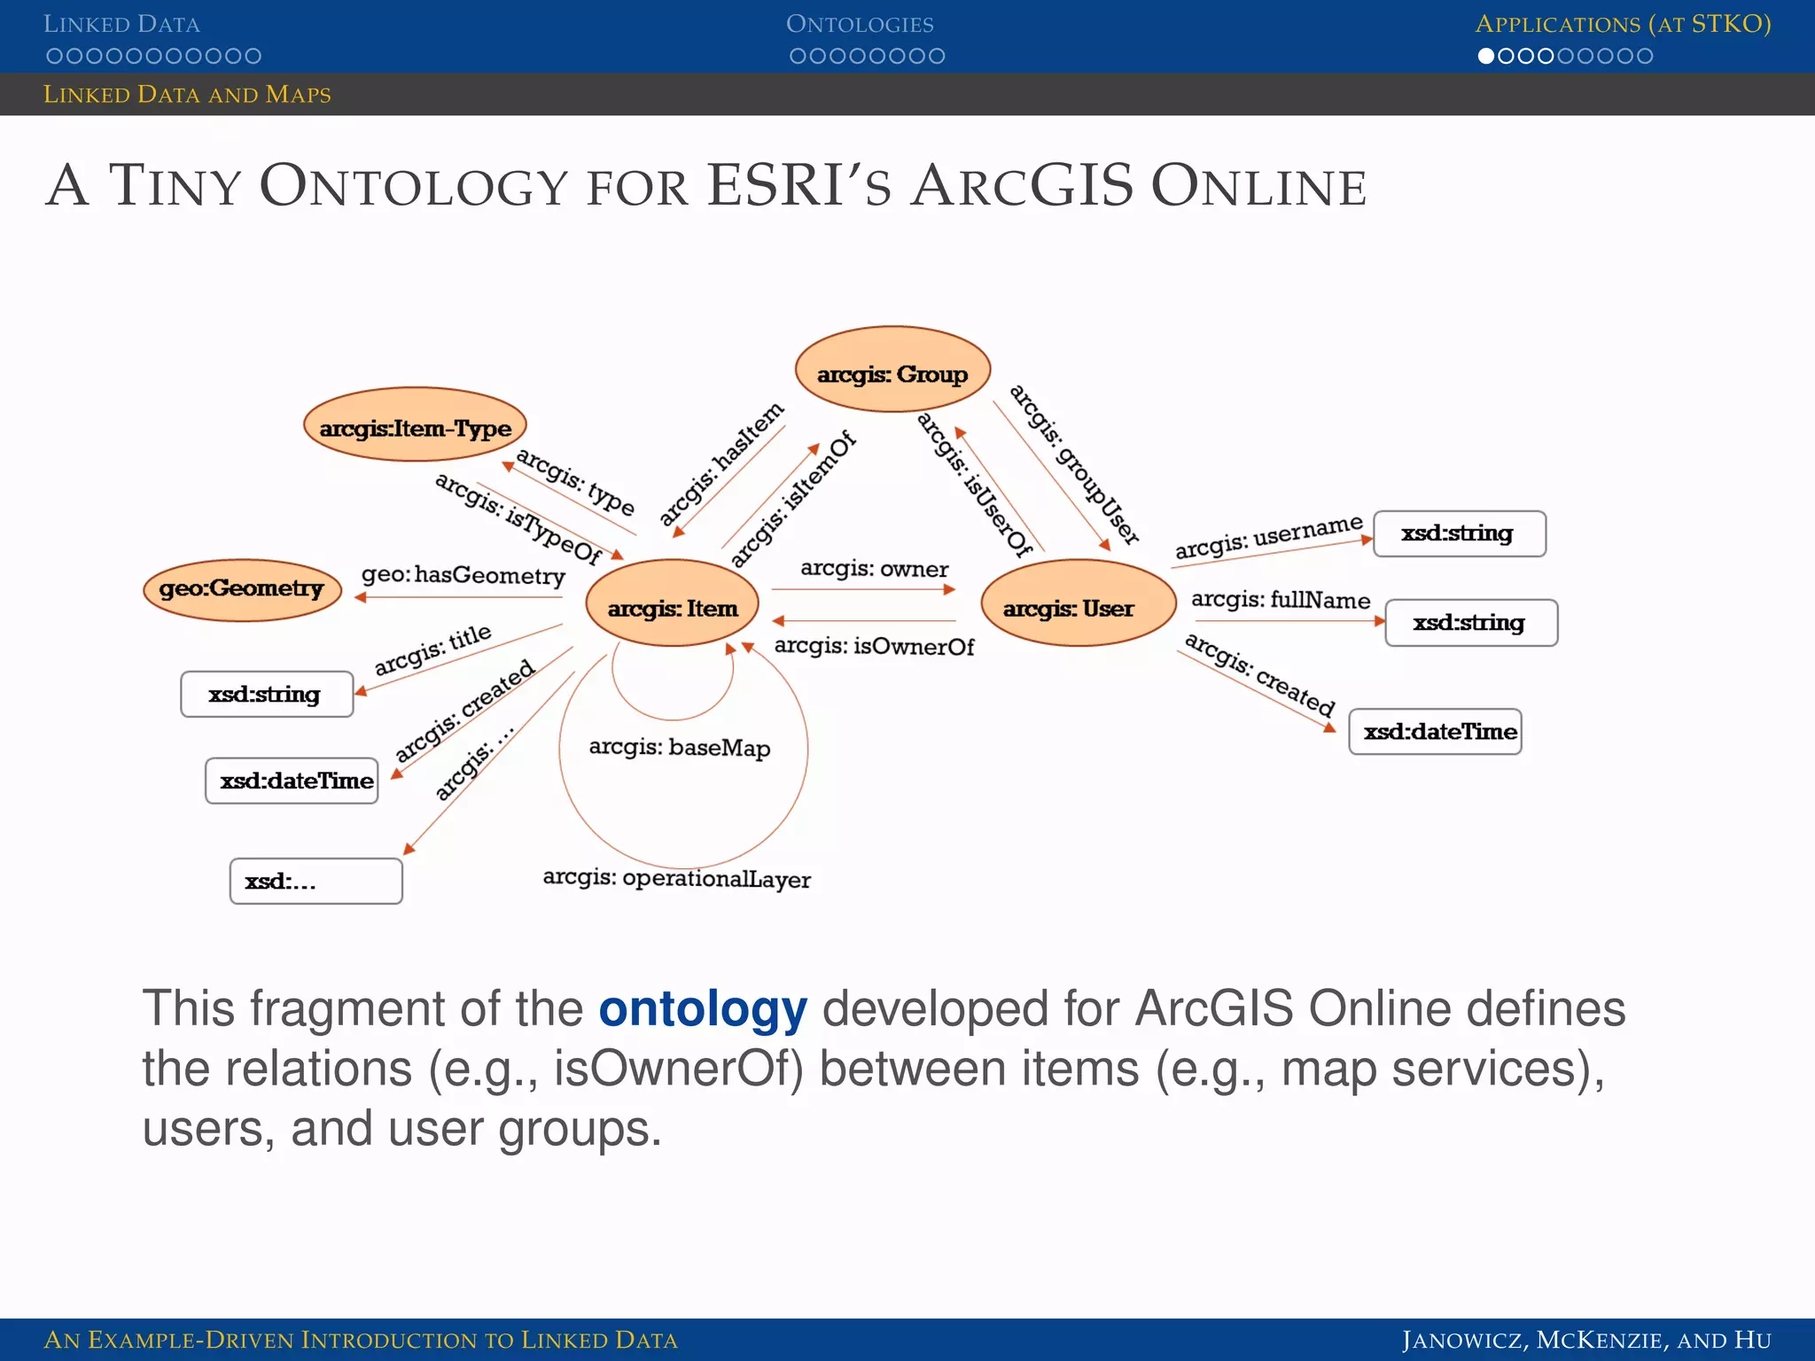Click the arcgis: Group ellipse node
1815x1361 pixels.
pyautogui.click(x=892, y=369)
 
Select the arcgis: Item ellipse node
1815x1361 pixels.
pyautogui.click(x=673, y=604)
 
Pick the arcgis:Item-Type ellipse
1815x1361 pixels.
pyautogui.click(x=415, y=425)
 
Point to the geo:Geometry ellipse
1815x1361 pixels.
pyautogui.click(x=242, y=589)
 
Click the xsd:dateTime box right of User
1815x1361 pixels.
pyautogui.click(x=1436, y=732)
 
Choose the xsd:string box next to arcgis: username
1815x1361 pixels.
pyautogui.click(x=1459, y=534)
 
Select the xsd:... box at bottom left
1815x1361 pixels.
pyautogui.click(x=315, y=881)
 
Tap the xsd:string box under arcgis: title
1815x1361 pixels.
pyautogui.click(x=267, y=695)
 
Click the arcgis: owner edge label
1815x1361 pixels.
pyautogui.click(x=874, y=569)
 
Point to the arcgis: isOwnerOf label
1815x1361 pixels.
pyautogui.click(x=874, y=647)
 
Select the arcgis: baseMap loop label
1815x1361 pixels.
pyautogui.click(x=680, y=748)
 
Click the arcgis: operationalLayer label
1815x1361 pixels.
pyautogui.click(x=676, y=878)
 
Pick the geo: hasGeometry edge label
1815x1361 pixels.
pyautogui.click(x=463, y=575)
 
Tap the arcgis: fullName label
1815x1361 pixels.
pyautogui.click(x=1280, y=600)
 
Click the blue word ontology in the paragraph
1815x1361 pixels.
pyautogui.click(x=703, y=1009)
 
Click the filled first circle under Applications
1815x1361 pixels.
pyautogui.click(x=1486, y=56)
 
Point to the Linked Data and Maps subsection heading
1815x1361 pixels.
pyautogui.click(x=187, y=95)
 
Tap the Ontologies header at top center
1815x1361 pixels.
pyautogui.click(x=860, y=24)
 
